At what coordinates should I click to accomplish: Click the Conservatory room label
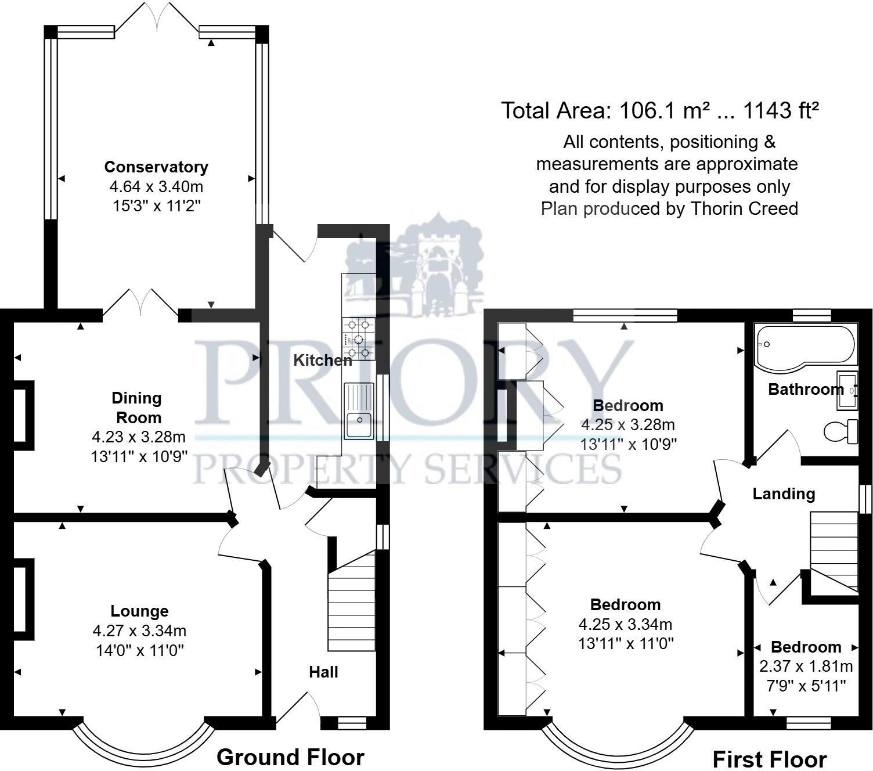pos(156,167)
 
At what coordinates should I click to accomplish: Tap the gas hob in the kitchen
pos(359,338)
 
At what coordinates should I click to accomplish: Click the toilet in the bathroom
pos(840,431)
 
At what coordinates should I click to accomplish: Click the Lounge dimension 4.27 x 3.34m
pos(139,631)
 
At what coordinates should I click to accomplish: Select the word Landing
pos(784,494)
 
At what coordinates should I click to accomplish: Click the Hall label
pos(324,672)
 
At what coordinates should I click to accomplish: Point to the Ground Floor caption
pos(290,757)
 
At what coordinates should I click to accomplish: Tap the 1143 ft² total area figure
pos(781,111)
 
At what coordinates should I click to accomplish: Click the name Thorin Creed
pos(744,208)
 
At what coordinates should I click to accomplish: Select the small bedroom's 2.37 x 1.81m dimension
pos(806,666)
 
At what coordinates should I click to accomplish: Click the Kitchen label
pos(323,361)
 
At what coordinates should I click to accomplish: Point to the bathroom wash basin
pos(847,391)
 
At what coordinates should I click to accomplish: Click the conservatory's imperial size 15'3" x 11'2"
pos(156,206)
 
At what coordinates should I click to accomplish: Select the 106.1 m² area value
pos(664,111)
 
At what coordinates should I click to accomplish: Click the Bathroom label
pos(806,390)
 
